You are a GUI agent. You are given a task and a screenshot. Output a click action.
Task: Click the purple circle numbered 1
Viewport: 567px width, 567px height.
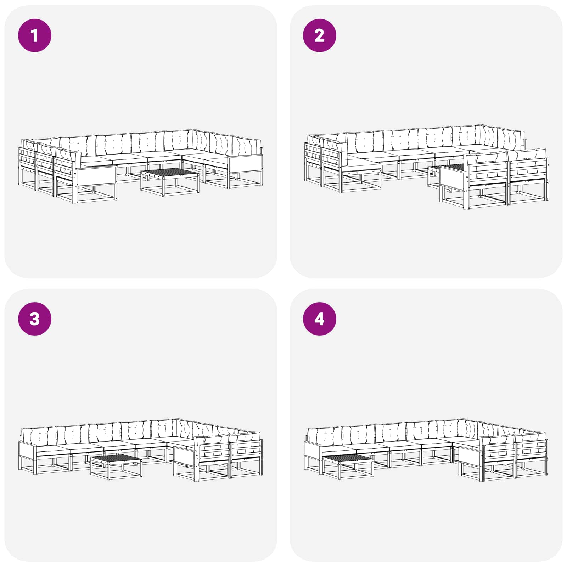point(35,35)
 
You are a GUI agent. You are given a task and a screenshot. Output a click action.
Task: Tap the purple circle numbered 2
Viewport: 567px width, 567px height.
point(319,35)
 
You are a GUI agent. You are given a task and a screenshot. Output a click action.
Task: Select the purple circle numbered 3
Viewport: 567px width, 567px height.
point(35,319)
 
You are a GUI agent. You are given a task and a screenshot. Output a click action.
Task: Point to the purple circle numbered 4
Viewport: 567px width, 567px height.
point(319,319)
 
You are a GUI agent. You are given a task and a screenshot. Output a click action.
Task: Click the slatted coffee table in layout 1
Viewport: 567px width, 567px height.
point(170,182)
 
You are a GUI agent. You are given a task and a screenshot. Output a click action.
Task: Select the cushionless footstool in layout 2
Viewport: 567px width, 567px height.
point(361,176)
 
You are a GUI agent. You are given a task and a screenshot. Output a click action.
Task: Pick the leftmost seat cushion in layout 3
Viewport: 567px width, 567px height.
point(53,449)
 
